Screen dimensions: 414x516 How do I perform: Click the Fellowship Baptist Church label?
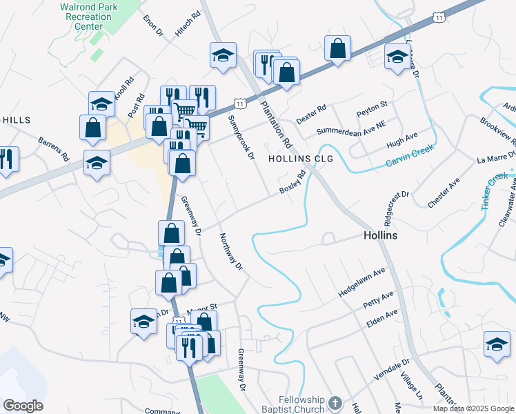[x=301, y=404]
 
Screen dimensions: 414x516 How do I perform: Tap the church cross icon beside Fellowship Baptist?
[x=335, y=403]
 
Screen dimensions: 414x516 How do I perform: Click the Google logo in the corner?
[x=23, y=406]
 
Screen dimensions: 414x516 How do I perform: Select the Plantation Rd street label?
[x=277, y=124]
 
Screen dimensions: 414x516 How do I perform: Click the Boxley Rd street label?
[x=292, y=184]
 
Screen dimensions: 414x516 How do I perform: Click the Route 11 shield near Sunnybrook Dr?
[x=239, y=103]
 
